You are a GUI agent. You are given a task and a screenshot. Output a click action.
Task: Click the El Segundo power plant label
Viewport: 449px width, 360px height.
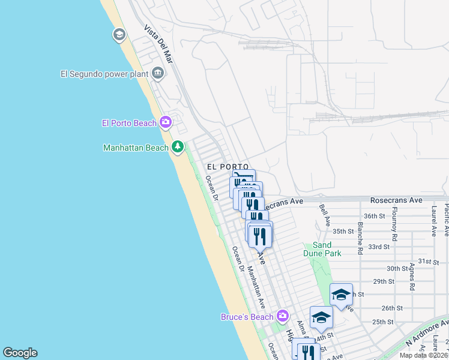pyautogui.click(x=104, y=74)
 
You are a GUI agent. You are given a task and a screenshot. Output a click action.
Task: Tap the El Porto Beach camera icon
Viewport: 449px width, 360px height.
pyautogui.click(x=166, y=123)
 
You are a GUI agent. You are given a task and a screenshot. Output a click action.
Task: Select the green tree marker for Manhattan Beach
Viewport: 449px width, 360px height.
pyautogui.click(x=178, y=147)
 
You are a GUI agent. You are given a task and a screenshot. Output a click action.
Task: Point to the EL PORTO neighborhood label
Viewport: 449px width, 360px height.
pyautogui.click(x=228, y=166)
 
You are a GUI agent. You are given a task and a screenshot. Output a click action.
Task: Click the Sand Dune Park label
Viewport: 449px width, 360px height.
pyautogui.click(x=327, y=249)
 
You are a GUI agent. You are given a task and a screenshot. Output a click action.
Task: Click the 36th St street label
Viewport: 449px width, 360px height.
pyautogui.click(x=374, y=216)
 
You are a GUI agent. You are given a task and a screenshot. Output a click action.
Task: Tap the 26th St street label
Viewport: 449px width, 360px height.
pyautogui.click(x=391, y=308)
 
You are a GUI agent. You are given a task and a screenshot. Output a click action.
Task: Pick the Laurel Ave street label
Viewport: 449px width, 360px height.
pyautogui.click(x=433, y=219)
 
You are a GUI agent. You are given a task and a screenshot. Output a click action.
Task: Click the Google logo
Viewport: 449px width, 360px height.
pyautogui.click(x=20, y=353)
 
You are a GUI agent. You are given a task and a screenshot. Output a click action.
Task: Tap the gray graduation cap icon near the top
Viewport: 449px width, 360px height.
pyautogui.click(x=119, y=35)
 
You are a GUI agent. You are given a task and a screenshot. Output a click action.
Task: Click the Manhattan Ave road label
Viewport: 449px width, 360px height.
pyautogui.click(x=256, y=287)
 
